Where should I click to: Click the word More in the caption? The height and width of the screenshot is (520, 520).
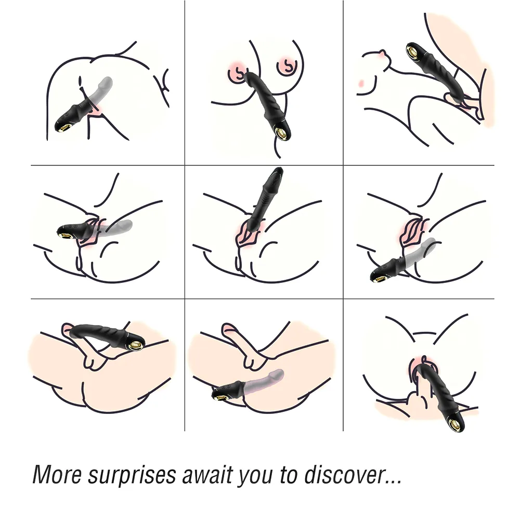[x=57, y=475]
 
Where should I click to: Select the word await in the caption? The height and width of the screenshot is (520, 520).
[x=206, y=475]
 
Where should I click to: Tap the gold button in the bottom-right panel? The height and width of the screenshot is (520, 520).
[x=456, y=426]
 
